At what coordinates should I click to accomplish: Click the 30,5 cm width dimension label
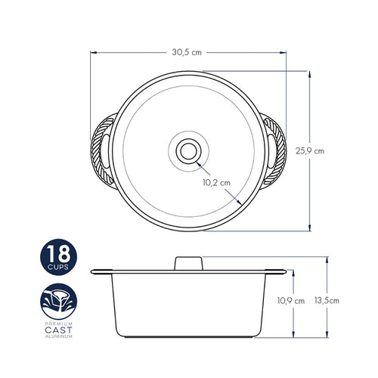coord(187,52)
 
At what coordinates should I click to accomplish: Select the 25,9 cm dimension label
coord(310,151)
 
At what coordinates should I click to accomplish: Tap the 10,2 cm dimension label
coord(216,183)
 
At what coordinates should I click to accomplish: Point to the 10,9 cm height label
coord(291,301)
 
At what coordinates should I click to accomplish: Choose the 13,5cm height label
coord(327,300)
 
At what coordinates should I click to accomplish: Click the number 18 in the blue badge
coord(58,253)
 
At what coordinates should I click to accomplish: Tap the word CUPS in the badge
coord(58,267)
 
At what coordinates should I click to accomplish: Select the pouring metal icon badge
coord(58,302)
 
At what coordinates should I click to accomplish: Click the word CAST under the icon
coord(58,330)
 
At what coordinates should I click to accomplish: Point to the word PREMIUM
coord(58,324)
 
